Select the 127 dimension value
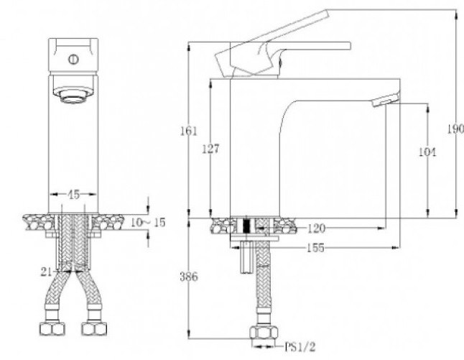pyautogui.click(x=210, y=148)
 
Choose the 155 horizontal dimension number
pyautogui.click(x=314, y=248)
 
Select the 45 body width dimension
pyautogui.click(x=73, y=194)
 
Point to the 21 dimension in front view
pyautogui.click(x=47, y=271)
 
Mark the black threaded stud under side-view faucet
pyautogui.click(x=247, y=226)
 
